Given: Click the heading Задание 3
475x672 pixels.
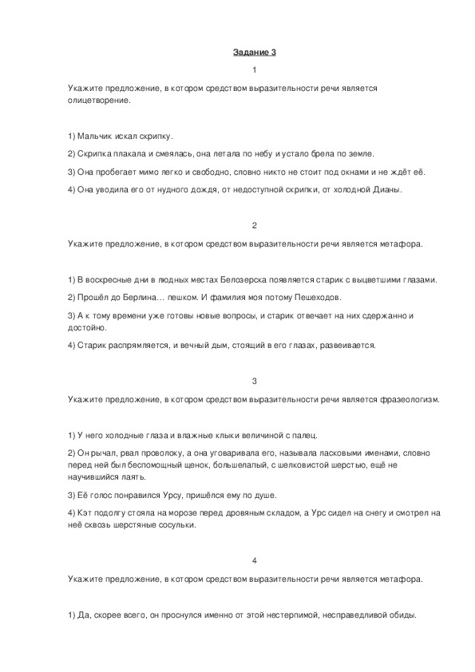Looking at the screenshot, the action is [x=254, y=53].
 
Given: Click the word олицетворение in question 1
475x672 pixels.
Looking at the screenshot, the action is [x=98, y=101].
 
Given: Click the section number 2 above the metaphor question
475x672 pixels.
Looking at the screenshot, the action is [x=254, y=226].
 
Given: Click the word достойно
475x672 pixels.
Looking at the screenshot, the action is [x=87, y=328].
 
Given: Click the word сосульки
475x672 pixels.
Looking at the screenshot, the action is [x=175, y=525].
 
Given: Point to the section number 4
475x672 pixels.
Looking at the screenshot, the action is [x=254, y=559].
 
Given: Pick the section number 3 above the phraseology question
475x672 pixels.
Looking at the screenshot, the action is [x=254, y=381].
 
